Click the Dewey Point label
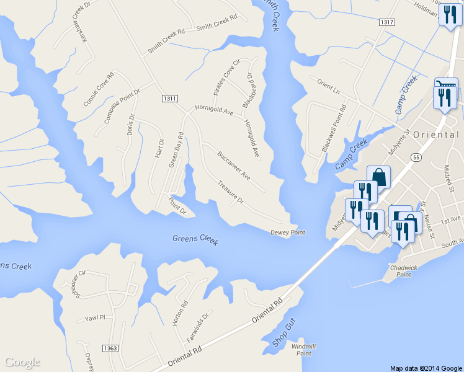click(x=288, y=232)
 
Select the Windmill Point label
click(x=303, y=349)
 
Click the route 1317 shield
click(x=386, y=22)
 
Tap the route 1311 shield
click(x=169, y=99)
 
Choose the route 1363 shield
click(x=111, y=349)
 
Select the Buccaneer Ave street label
click(x=233, y=165)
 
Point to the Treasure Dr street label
click(x=231, y=192)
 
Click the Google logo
click(x=22, y=362)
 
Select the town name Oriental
click(x=435, y=135)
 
